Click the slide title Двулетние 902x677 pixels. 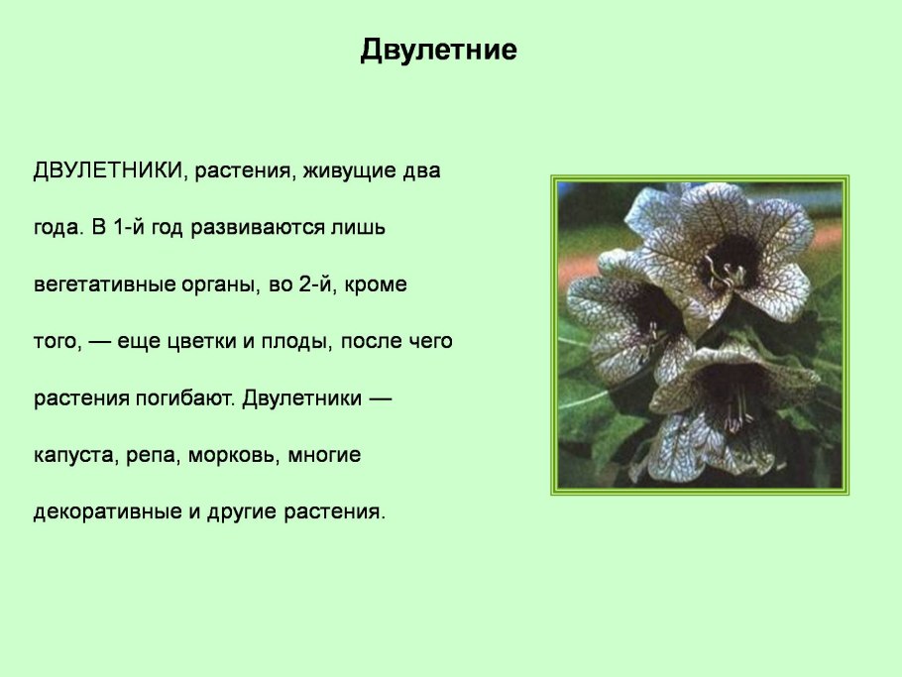point(438,50)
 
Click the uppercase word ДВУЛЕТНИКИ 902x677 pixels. point(109,170)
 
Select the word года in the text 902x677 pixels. point(56,229)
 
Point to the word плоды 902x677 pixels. point(296,342)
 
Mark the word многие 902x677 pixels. point(326,456)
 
